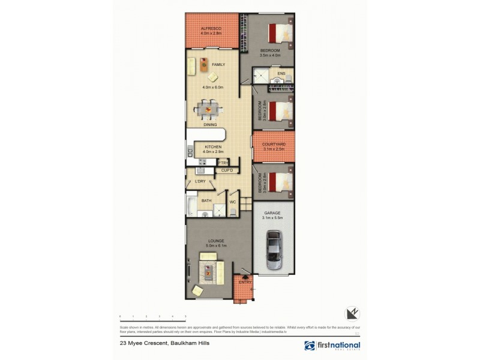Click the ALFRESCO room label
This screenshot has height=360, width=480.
tap(212, 28)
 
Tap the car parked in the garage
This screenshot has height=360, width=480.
tap(274, 250)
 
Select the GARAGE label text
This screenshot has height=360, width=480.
tap(271, 213)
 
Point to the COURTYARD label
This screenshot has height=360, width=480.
tap(274, 144)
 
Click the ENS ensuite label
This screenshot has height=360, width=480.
tap(281, 74)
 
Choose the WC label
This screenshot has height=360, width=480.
tap(233, 202)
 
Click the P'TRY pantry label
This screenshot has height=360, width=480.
tap(223, 163)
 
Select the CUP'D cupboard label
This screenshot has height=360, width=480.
tap(226, 171)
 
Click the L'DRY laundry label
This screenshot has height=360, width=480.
tap(200, 181)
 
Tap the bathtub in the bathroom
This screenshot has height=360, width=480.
tap(191, 205)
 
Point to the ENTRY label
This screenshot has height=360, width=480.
tap(245, 282)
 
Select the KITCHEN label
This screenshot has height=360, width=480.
tap(213, 147)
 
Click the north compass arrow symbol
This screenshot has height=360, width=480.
tap(352, 313)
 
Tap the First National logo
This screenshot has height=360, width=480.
tap(332, 346)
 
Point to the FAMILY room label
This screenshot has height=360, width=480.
tap(209, 64)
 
